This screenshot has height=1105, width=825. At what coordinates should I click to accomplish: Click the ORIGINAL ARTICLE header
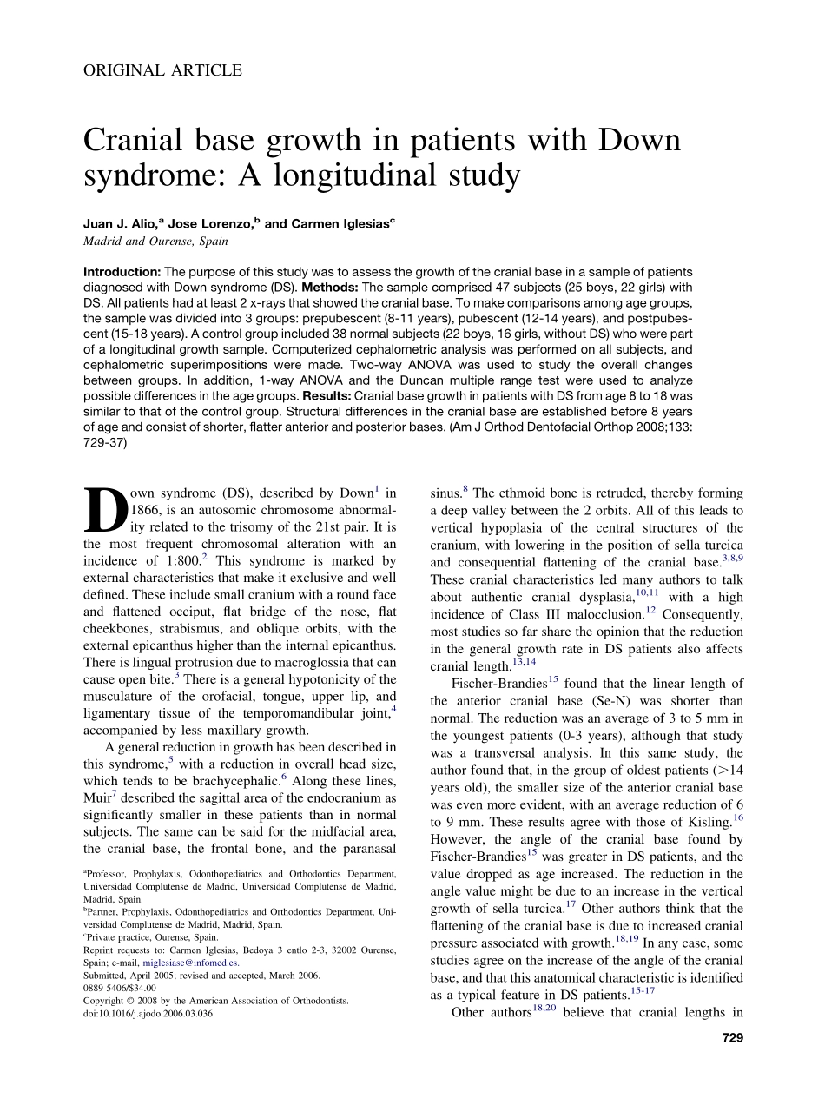(x=162, y=71)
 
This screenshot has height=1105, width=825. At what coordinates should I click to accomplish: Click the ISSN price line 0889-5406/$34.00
(x=120, y=988)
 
